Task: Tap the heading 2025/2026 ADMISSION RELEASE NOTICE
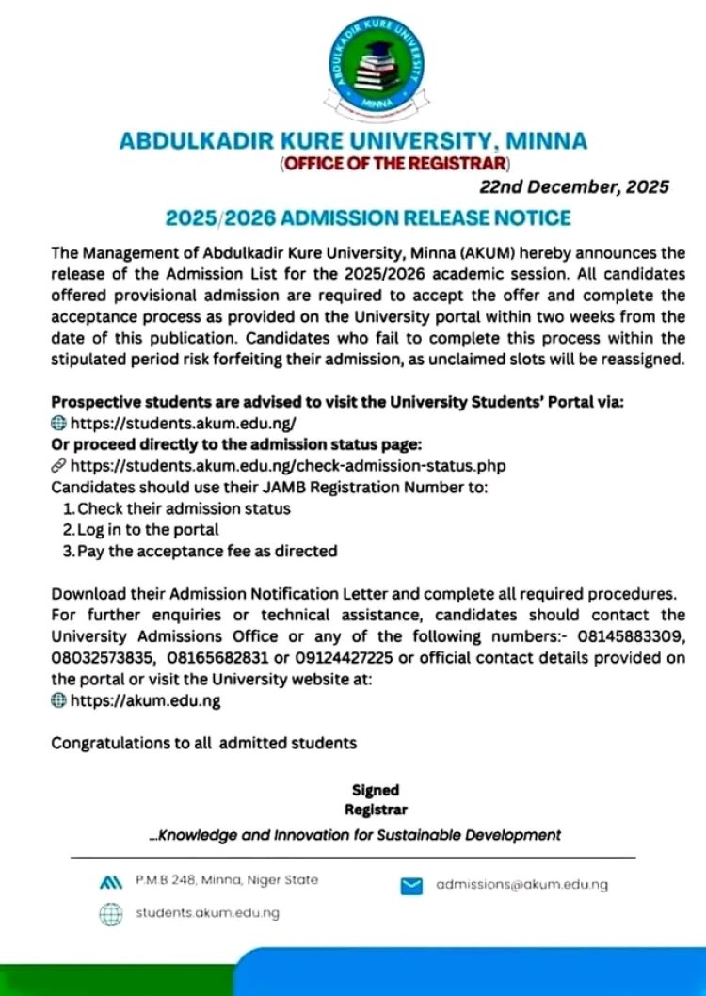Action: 368,218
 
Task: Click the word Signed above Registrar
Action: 376,791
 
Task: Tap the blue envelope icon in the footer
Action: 411,886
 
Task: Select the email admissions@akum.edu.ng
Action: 521,885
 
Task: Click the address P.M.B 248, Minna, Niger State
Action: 226,880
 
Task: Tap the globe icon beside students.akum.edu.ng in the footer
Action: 111,914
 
